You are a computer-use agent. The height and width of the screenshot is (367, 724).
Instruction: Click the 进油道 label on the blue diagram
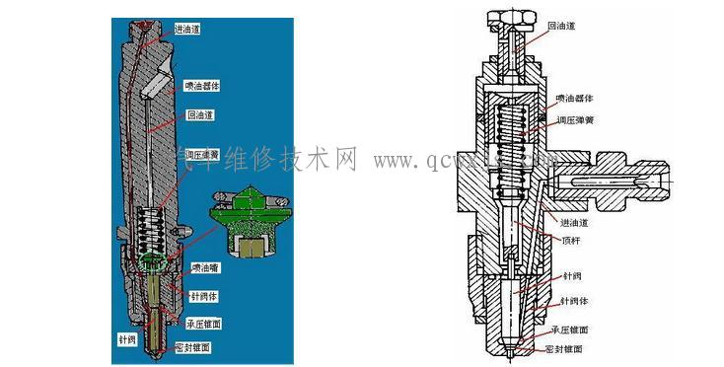coord(187,29)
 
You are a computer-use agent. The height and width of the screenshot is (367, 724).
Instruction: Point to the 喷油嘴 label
coord(205,267)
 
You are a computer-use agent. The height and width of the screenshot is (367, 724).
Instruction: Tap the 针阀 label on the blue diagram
coord(127,338)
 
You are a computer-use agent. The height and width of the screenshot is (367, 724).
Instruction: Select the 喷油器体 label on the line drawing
coord(573,100)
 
